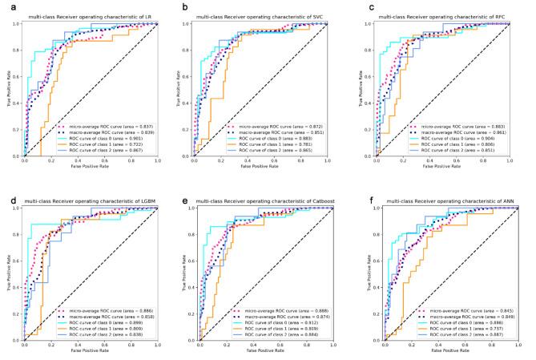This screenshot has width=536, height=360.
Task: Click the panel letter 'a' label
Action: click(x=6, y=6)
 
